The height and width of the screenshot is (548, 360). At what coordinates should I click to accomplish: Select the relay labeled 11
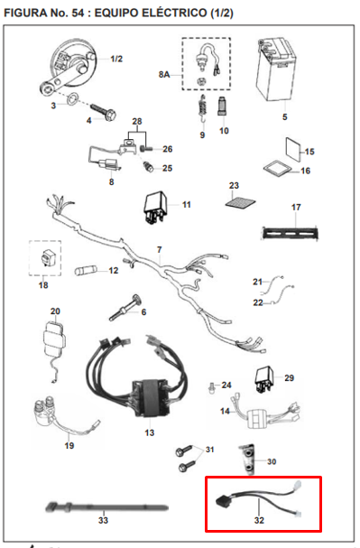click(x=154, y=206)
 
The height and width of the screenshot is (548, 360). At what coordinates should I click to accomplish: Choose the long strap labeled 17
click(x=291, y=231)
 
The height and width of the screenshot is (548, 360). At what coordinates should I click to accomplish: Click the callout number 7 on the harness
click(x=159, y=248)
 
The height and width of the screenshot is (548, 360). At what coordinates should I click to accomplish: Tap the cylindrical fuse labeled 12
click(x=88, y=270)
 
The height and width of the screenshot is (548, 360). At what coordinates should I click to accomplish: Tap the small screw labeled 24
click(x=209, y=387)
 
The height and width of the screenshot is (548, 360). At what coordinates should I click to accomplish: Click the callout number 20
click(x=55, y=311)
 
